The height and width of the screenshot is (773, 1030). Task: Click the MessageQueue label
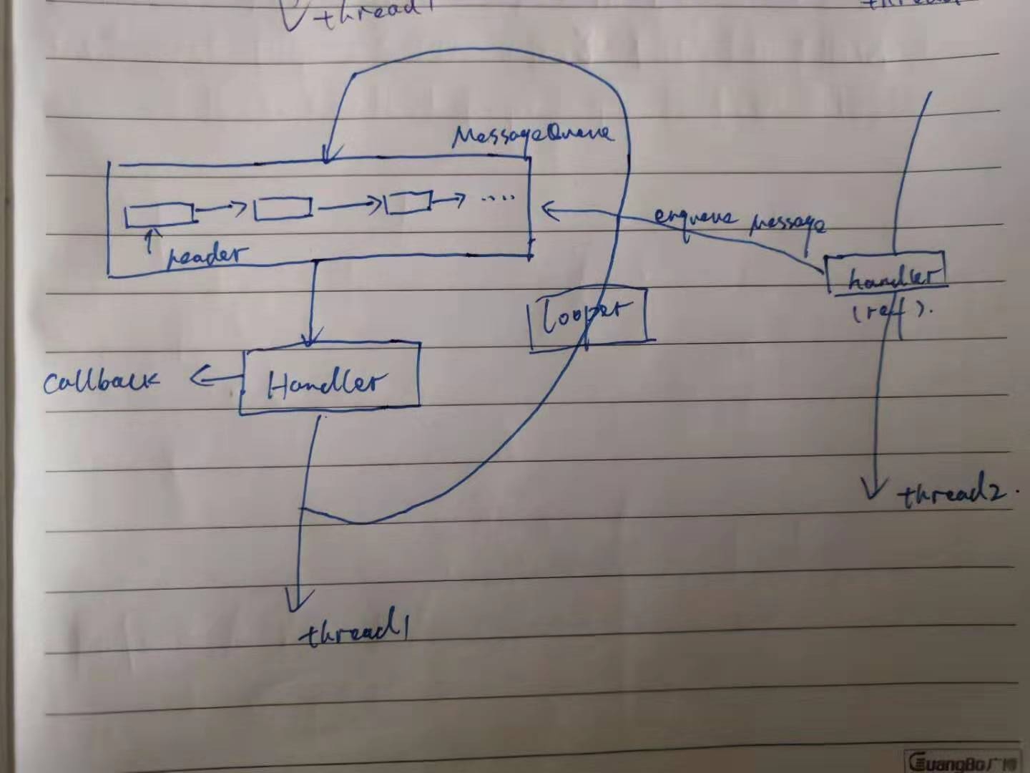click(x=532, y=135)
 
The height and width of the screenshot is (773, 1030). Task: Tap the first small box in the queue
click(x=159, y=214)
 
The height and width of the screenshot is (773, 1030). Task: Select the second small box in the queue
click(x=283, y=208)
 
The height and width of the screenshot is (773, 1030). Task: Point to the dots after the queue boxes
click(x=498, y=198)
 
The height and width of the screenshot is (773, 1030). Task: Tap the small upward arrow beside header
click(x=149, y=239)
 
